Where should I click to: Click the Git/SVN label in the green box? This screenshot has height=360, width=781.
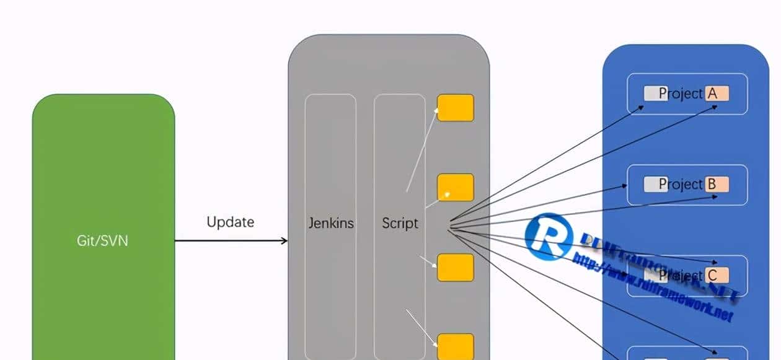pos(103,240)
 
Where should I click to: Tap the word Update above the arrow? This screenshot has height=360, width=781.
pos(230,222)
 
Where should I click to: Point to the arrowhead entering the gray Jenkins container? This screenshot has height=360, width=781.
pos(285,240)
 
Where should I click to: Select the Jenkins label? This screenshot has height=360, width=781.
pos(331,223)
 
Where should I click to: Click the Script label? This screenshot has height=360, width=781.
pos(400,223)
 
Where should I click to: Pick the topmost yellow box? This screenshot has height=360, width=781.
pos(456,108)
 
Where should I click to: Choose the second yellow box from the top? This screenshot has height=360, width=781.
pos(456,187)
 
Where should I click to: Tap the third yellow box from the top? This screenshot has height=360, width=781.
pos(456,267)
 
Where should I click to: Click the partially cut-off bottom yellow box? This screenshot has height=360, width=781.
pos(456,346)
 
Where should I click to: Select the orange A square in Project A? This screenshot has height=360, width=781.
pos(717,94)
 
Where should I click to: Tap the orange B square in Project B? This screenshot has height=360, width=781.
pos(717,184)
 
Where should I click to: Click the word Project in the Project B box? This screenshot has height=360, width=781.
pos(681,184)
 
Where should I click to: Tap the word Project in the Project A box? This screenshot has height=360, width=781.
pos(681,94)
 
